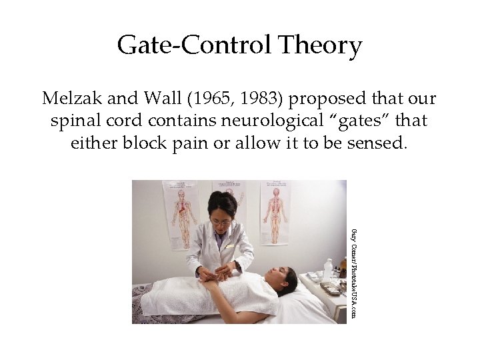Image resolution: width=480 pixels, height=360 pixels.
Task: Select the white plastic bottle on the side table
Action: tap(327, 270)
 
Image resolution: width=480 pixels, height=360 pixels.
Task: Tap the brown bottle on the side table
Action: tap(342, 267)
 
